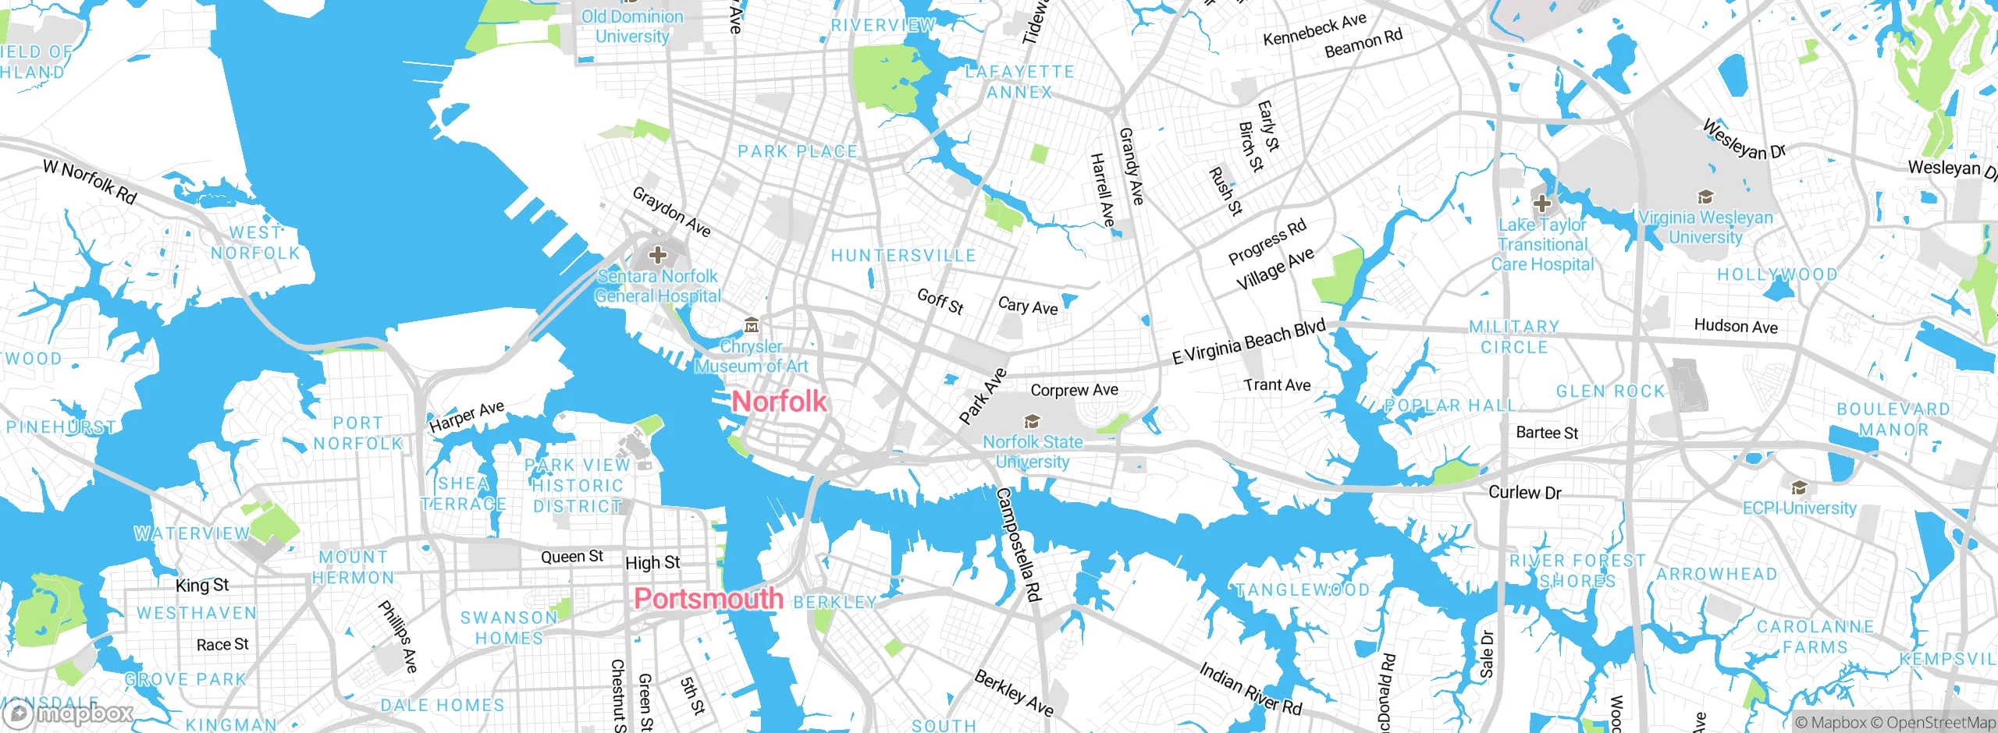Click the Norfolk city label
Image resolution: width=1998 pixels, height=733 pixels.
point(779,402)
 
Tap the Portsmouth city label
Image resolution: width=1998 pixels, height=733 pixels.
point(709,599)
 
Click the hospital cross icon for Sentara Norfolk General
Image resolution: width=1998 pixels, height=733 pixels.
point(658,255)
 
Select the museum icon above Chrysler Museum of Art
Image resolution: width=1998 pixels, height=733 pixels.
point(752,325)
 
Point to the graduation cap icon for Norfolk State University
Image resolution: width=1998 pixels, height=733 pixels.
point(1032,422)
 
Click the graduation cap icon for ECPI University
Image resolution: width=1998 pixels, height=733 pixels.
point(1799,488)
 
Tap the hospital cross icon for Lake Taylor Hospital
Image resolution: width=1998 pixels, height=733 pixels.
point(1541,204)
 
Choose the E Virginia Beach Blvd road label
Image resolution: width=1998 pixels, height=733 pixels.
point(1249,342)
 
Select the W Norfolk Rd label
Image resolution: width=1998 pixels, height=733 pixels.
point(90,181)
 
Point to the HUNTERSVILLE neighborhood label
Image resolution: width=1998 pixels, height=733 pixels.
point(903,256)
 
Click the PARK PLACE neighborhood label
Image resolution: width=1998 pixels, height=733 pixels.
point(798,151)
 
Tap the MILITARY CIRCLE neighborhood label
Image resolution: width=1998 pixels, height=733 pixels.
point(1514,337)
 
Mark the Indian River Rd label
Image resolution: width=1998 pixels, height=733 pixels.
point(1250,689)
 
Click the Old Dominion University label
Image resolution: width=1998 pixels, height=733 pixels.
point(632,27)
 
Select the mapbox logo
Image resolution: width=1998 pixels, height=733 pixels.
point(69,714)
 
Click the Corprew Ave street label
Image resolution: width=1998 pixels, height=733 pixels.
point(1074,390)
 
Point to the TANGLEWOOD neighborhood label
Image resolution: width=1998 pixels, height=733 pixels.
point(1302,590)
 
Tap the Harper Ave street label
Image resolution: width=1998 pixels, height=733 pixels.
point(467,417)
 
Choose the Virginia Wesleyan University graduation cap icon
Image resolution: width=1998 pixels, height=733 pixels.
point(1705,197)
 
